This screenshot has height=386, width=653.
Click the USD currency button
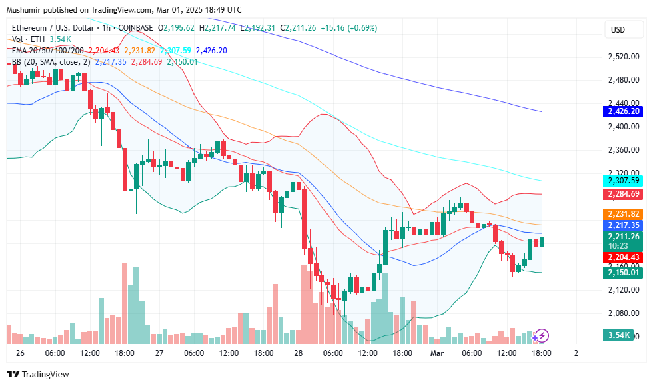point(618,30)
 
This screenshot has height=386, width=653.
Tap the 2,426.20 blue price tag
point(623,111)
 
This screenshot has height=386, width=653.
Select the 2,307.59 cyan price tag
point(623,181)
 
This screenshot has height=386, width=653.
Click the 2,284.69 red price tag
point(623,194)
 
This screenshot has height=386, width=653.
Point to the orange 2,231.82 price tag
point(623,214)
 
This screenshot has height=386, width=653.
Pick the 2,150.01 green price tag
point(623,273)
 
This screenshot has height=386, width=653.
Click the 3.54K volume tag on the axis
point(619,335)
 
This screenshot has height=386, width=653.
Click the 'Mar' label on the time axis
point(436,352)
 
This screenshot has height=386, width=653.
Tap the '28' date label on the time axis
point(298,352)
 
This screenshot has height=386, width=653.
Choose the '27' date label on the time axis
point(159,352)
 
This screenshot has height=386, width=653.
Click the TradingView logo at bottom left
point(38,374)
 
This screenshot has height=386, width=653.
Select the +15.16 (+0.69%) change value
point(348,28)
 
